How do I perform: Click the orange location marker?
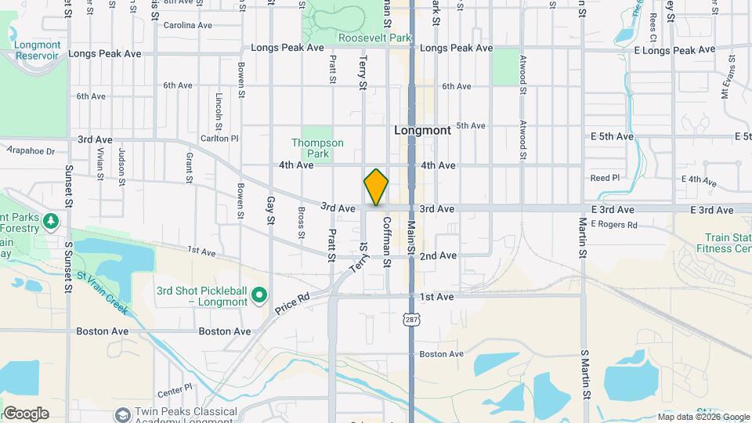(376, 186)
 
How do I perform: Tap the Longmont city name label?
(423, 131)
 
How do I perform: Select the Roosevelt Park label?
(374, 38)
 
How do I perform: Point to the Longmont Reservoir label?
(37, 50)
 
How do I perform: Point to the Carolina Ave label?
(188, 25)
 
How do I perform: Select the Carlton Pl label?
(219, 138)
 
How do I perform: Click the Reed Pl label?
(605, 178)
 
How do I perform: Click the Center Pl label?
(174, 388)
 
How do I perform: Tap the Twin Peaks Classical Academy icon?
(122, 414)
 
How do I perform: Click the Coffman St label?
(386, 242)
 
